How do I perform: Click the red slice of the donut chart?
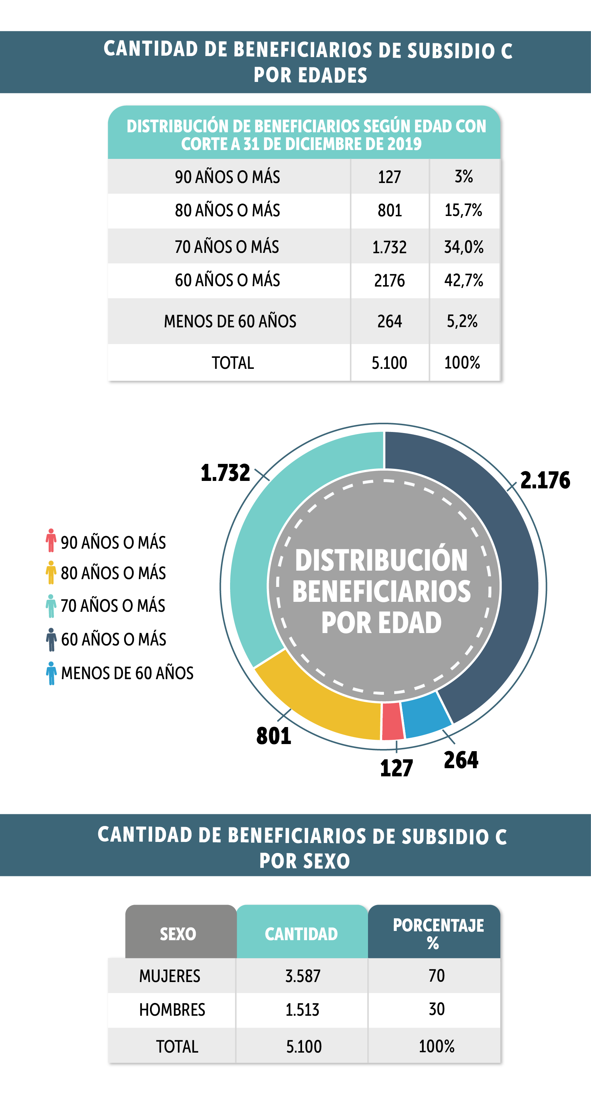click(x=392, y=721)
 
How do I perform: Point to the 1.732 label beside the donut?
click(x=225, y=473)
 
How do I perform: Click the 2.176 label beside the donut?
click(x=545, y=480)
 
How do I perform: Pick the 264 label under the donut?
click(x=461, y=760)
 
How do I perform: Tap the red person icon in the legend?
click(x=51, y=540)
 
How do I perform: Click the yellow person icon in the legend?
click(x=51, y=572)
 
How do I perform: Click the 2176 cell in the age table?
click(x=390, y=281)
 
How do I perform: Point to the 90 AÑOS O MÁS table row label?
click(x=228, y=177)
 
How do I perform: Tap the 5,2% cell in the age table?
click(x=462, y=321)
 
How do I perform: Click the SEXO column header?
click(x=178, y=934)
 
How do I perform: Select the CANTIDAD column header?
click(x=301, y=934)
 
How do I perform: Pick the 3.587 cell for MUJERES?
click(x=302, y=976)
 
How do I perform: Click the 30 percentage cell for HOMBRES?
click(x=437, y=1009)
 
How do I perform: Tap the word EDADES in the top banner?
click(x=332, y=76)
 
